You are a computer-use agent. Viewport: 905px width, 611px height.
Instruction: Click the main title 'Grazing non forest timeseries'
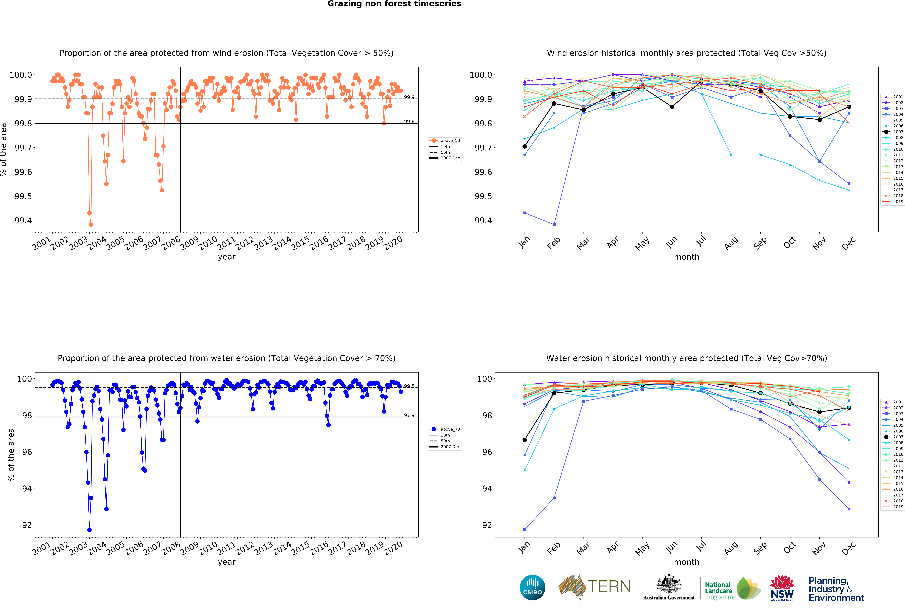(394, 4)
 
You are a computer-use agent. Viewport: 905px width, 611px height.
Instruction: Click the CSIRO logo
(532, 587)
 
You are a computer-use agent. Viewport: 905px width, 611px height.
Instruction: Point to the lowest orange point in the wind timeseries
(91, 225)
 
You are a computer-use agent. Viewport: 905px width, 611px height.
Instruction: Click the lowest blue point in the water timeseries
(90, 530)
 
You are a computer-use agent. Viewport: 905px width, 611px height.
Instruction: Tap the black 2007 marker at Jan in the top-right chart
(525, 146)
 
